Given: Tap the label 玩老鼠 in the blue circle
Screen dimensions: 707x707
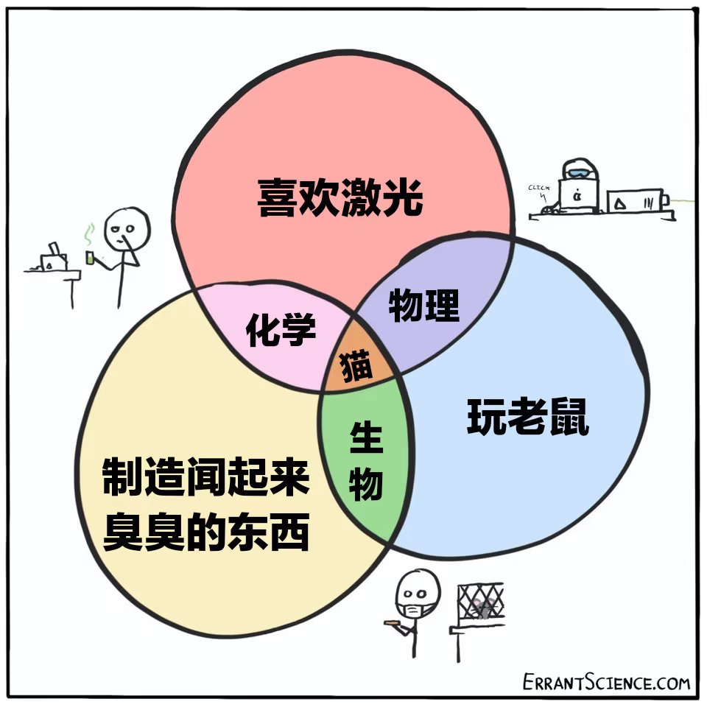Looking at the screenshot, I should pyautogui.click(x=528, y=418).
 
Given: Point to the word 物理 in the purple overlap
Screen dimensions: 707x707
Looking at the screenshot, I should pyautogui.click(x=424, y=304).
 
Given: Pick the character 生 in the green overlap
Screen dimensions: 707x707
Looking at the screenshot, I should pyautogui.click(x=366, y=438).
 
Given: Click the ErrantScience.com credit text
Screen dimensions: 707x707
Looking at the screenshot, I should pyautogui.click(x=606, y=682).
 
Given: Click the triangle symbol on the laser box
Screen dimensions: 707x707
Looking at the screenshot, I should pyautogui.click(x=623, y=202).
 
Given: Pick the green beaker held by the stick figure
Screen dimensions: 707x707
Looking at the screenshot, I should pyautogui.click(x=91, y=257).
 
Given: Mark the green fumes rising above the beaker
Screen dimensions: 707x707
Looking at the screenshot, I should pyautogui.click(x=89, y=235).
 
